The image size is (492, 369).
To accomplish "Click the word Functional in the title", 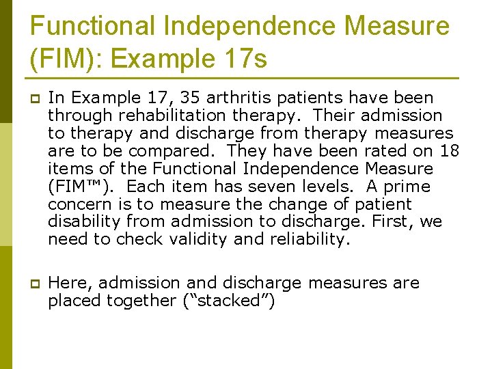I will point(93,27).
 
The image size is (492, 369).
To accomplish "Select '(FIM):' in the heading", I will point(66,59).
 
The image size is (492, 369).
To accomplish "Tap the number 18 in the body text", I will point(450,151).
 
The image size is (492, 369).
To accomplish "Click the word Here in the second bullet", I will point(66,283).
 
